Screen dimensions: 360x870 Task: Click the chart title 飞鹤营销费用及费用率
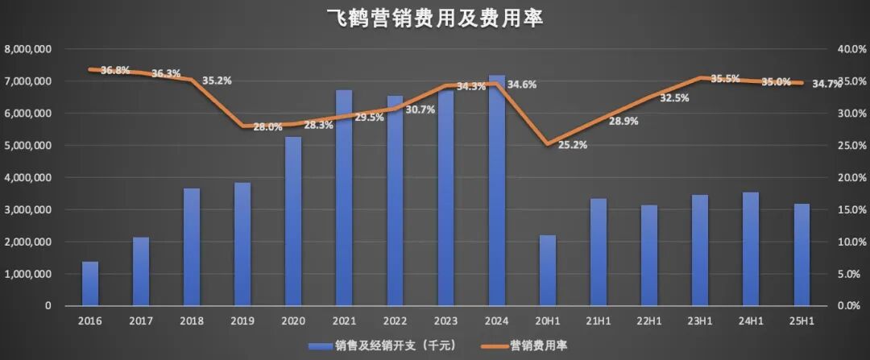click(435, 18)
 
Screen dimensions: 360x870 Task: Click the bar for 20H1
click(548, 271)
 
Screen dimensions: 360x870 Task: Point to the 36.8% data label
click(116, 70)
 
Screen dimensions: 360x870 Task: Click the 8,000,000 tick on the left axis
click(28, 49)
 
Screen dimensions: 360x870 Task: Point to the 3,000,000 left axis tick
click(28, 209)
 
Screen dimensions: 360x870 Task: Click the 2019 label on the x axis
click(242, 320)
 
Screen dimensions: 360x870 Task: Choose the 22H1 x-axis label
click(649, 320)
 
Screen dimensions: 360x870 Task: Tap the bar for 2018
click(192, 247)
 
